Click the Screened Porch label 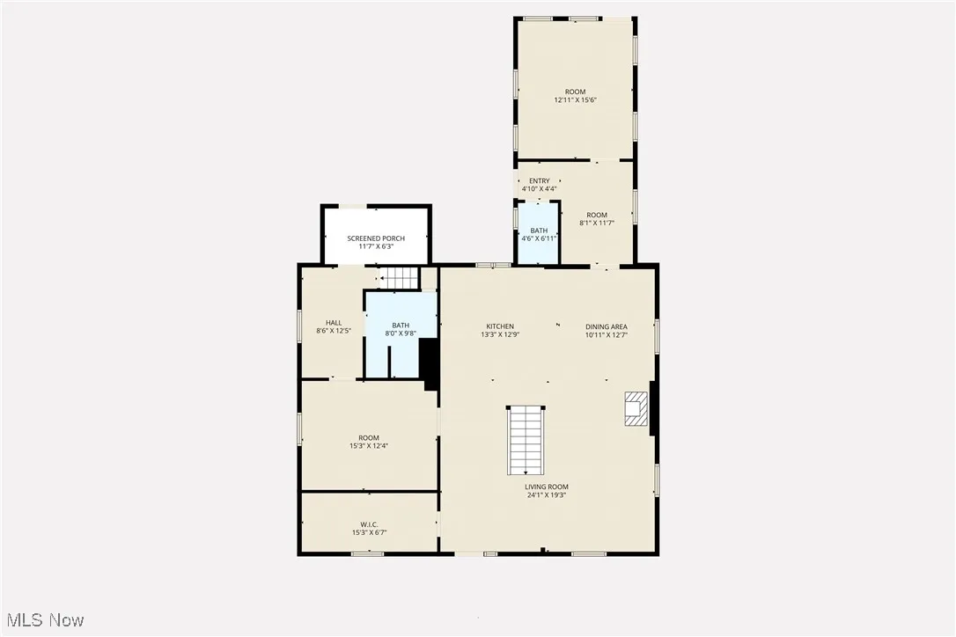tap(376, 238)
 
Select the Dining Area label tap(607, 326)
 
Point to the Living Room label tap(547, 487)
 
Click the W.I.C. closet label tap(369, 524)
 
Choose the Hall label tap(334, 323)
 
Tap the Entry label tap(539, 181)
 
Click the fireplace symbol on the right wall tap(635, 408)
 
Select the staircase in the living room tap(526, 440)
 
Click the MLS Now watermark tap(43, 620)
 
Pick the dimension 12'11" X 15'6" tap(575, 100)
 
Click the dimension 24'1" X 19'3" tap(547, 495)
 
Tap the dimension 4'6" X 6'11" tap(539, 238)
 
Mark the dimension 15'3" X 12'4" tap(369, 446)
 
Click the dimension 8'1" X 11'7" tap(597, 223)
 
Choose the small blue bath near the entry tap(538, 233)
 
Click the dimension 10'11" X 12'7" tap(607, 334)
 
